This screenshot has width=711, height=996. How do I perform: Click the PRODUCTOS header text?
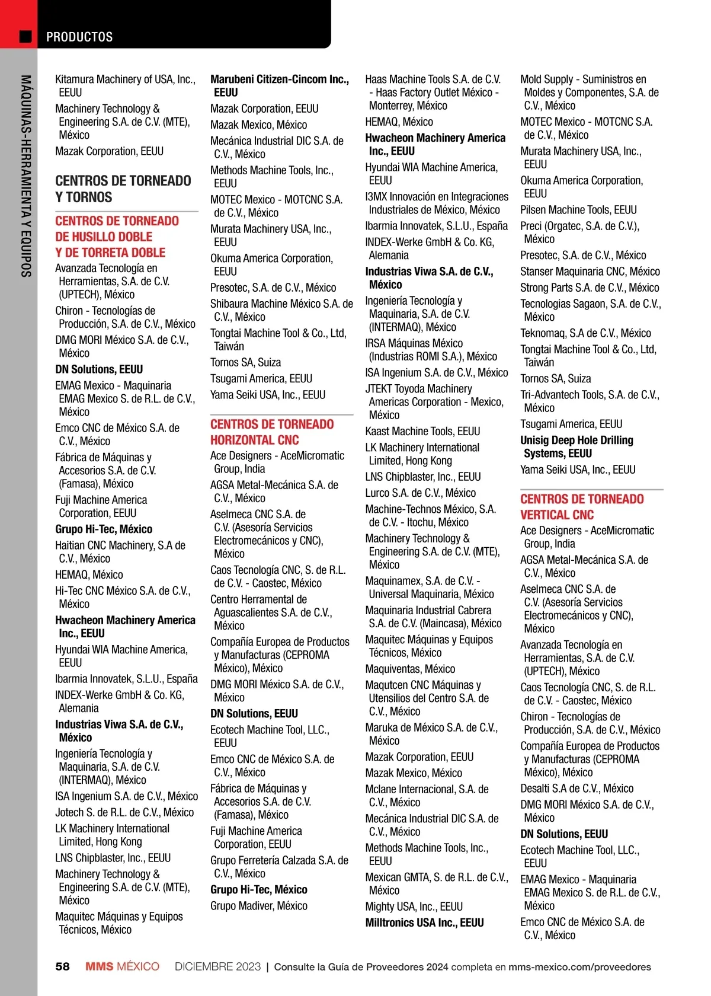click(x=79, y=37)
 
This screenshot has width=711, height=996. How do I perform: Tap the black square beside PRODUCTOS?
click(x=25, y=37)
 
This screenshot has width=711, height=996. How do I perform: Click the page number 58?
click(x=62, y=966)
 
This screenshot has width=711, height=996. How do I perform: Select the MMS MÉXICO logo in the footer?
click(x=122, y=966)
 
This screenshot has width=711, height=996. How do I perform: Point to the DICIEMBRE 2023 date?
click(x=217, y=966)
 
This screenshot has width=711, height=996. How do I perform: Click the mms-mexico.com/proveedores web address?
click(x=579, y=967)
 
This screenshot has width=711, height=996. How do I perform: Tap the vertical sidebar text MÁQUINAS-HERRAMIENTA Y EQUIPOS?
click(x=25, y=175)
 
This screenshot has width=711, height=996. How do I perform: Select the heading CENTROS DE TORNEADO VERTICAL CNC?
click(x=582, y=507)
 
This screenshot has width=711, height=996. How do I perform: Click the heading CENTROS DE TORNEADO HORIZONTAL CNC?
click(x=272, y=432)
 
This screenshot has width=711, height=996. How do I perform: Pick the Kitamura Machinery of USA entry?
click(x=125, y=86)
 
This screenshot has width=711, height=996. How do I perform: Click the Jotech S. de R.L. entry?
click(x=124, y=812)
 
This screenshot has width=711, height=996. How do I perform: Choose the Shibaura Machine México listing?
click(x=281, y=310)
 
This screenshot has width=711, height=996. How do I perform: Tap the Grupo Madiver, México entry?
click(x=259, y=906)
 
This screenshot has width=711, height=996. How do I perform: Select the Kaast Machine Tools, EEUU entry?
click(x=422, y=431)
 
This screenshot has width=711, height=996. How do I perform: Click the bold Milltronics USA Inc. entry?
click(x=424, y=922)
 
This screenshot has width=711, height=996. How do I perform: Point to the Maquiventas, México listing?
click(x=410, y=669)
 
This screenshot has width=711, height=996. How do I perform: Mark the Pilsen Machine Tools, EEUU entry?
click(x=578, y=210)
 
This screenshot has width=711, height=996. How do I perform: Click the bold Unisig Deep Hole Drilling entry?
click(x=577, y=447)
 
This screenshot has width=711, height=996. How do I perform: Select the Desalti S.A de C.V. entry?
click(x=577, y=788)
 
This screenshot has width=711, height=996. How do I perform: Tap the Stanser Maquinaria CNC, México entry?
click(x=590, y=272)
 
